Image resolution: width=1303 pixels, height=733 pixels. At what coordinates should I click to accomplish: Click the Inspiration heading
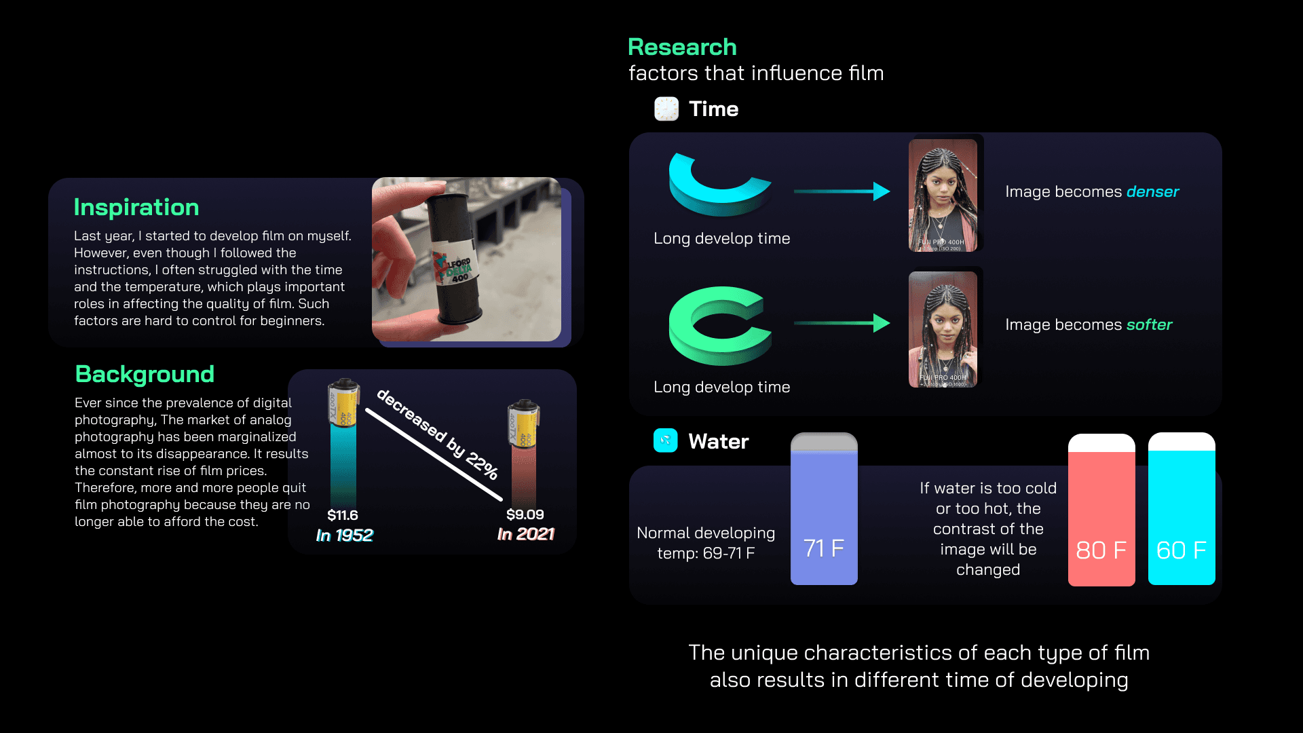click(x=136, y=207)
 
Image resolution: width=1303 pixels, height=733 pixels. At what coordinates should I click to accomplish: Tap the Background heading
click(x=145, y=374)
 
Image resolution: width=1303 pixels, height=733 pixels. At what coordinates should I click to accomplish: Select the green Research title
click(x=682, y=47)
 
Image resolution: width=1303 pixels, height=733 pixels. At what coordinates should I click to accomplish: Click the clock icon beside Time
click(x=666, y=109)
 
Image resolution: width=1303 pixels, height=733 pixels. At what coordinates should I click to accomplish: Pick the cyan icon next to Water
click(x=665, y=440)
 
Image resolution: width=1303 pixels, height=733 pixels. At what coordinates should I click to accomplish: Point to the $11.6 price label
click(x=343, y=515)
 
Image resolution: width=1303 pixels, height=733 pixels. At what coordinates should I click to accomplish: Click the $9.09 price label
click(x=525, y=514)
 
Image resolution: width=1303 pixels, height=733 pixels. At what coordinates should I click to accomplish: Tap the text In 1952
click(x=344, y=535)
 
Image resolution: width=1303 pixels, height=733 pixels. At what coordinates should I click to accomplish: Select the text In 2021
click(x=525, y=534)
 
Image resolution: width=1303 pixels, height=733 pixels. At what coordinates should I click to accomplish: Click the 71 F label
click(x=824, y=548)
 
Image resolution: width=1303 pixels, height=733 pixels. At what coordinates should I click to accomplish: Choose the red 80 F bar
click(x=1101, y=516)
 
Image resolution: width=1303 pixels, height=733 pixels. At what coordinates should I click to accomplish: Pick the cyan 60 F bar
click(x=1181, y=516)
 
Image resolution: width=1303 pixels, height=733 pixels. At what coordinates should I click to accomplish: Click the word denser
click(x=1152, y=191)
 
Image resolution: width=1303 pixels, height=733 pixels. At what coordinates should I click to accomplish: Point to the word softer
click(x=1149, y=324)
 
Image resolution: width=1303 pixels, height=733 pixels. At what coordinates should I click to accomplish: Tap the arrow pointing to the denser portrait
click(x=842, y=191)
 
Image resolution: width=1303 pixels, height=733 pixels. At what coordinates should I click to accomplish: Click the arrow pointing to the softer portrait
click(x=842, y=323)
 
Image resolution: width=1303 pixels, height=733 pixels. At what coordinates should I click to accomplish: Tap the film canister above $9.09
click(x=523, y=424)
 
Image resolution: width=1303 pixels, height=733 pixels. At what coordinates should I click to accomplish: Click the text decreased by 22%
click(x=438, y=434)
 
